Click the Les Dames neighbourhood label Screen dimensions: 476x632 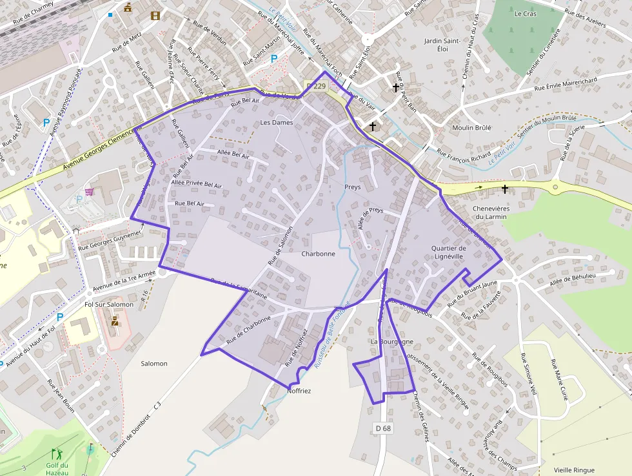coord(276,123)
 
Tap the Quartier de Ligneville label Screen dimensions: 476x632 coord(448,252)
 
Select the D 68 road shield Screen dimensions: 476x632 coord(383,428)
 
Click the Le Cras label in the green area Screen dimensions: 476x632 coord(526,14)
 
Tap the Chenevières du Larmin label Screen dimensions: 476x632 coord(491,212)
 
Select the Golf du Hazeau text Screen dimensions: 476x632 coord(57,469)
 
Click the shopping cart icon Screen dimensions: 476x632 coord(89,192)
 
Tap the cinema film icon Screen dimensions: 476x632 coord(155,16)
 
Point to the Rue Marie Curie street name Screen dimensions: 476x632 coord(558,380)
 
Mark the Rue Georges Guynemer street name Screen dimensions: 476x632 coord(109,239)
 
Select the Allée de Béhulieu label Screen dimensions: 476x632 coord(573,280)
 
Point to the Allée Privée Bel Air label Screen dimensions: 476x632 coord(196,185)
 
